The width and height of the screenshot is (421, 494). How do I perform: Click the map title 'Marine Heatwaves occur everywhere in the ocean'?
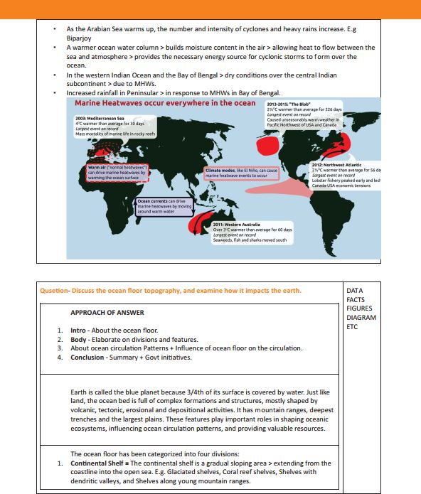(165, 103)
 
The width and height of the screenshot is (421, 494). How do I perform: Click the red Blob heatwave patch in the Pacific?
(267, 146)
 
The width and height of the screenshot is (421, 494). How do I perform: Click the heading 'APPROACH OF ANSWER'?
(107, 312)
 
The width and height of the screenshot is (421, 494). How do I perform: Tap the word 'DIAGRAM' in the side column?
(361, 318)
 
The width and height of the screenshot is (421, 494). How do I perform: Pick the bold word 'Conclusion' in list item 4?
(88, 358)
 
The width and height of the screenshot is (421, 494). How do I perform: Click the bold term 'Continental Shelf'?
(99, 463)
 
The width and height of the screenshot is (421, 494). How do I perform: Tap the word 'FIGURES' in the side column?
(360, 308)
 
